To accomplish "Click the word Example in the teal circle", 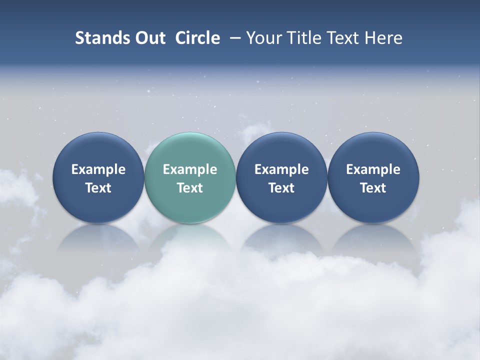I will coord(190,169).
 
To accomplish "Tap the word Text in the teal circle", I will coord(190,188).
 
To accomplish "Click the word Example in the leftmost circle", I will coord(98,169).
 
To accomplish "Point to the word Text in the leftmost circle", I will coord(98,188).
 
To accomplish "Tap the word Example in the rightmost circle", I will coord(373,169).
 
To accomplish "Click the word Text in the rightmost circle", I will coord(373,188).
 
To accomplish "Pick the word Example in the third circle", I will coord(281,169).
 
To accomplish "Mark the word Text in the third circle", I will coord(281,188).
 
